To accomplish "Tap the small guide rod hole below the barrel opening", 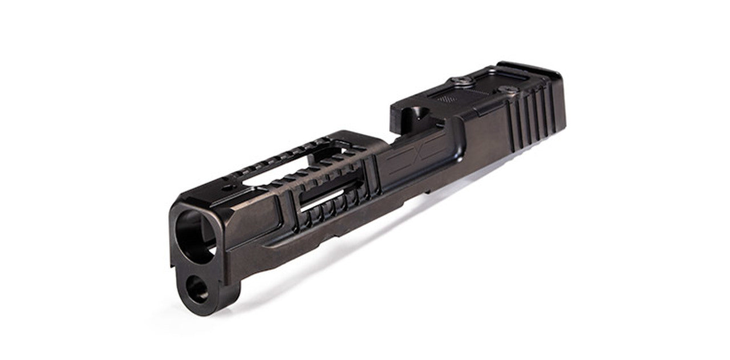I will click(x=198, y=288).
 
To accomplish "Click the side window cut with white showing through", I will click(x=322, y=200).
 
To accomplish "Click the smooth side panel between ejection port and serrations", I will click(x=485, y=137).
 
